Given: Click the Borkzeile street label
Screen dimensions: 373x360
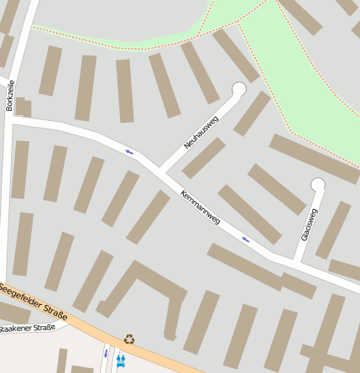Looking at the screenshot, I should tap(11, 96).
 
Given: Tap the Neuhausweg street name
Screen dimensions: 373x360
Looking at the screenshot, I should tap(201, 134).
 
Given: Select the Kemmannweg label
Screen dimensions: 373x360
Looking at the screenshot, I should tap(200, 207).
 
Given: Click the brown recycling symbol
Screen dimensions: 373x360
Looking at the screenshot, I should tap(128, 339).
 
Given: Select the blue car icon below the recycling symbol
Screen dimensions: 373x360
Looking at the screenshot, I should tap(121, 360).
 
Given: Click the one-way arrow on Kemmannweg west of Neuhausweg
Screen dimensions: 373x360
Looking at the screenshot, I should tap(129, 151).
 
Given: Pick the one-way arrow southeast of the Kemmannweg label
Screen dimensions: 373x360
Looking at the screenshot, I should tap(245, 239).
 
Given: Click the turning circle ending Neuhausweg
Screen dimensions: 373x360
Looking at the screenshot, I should tap(238, 89).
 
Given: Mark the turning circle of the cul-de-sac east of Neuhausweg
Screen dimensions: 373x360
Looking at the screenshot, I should tap(317, 184).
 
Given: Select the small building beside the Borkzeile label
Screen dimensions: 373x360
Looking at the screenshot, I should tap(23, 107).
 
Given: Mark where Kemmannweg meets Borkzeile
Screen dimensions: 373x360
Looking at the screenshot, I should tap(12, 121).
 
